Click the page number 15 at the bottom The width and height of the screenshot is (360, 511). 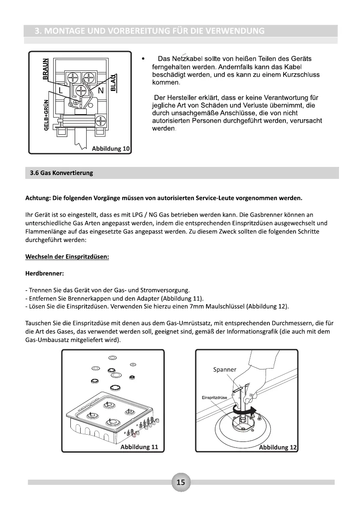181,482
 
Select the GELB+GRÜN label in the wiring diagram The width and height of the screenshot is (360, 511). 46,117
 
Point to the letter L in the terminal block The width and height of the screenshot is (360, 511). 61,91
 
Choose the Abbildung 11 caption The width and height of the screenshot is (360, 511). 139,447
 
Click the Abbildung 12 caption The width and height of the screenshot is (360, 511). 277,447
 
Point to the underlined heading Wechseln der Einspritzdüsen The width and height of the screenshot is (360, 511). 67,257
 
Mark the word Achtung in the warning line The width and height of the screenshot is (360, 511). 37,198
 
